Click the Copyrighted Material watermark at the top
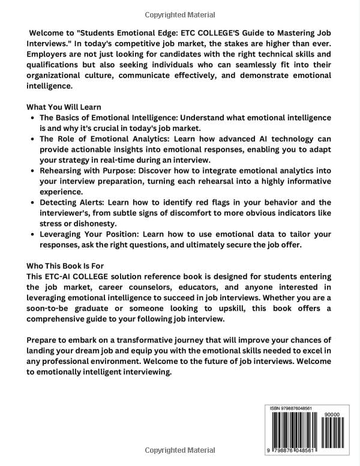pos(179,13)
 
